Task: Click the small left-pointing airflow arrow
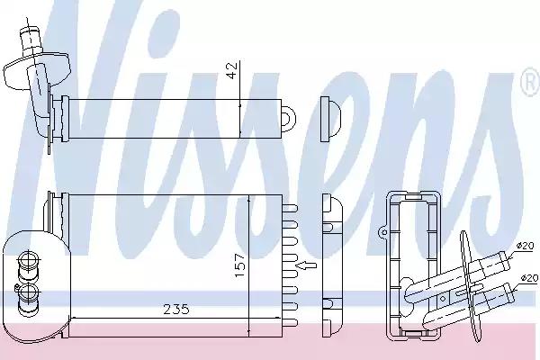click(x=308, y=265)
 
